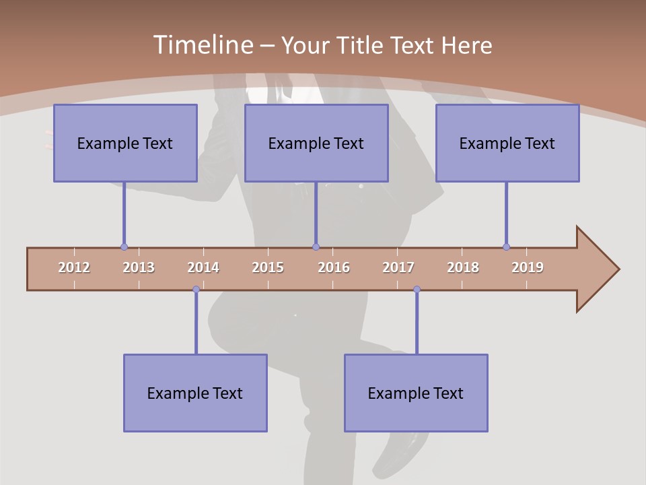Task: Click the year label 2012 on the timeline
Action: [x=74, y=267]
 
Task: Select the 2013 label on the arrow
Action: [x=139, y=267]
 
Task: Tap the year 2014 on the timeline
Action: [x=203, y=267]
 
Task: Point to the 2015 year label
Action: [x=268, y=267]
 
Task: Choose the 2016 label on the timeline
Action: [x=334, y=267]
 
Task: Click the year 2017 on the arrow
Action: [x=398, y=267]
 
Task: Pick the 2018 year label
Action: [x=463, y=267]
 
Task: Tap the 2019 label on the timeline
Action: [x=528, y=267]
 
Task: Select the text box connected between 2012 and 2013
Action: [x=125, y=143]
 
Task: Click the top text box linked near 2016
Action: [x=316, y=143]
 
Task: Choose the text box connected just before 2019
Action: [x=507, y=143]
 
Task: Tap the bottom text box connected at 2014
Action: [x=195, y=393]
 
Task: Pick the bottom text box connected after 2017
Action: [x=416, y=393]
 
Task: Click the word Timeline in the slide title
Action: [x=202, y=45]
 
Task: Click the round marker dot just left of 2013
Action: [x=124, y=247]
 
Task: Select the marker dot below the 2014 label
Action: [x=196, y=290]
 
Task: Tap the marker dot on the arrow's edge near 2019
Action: [x=506, y=247]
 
